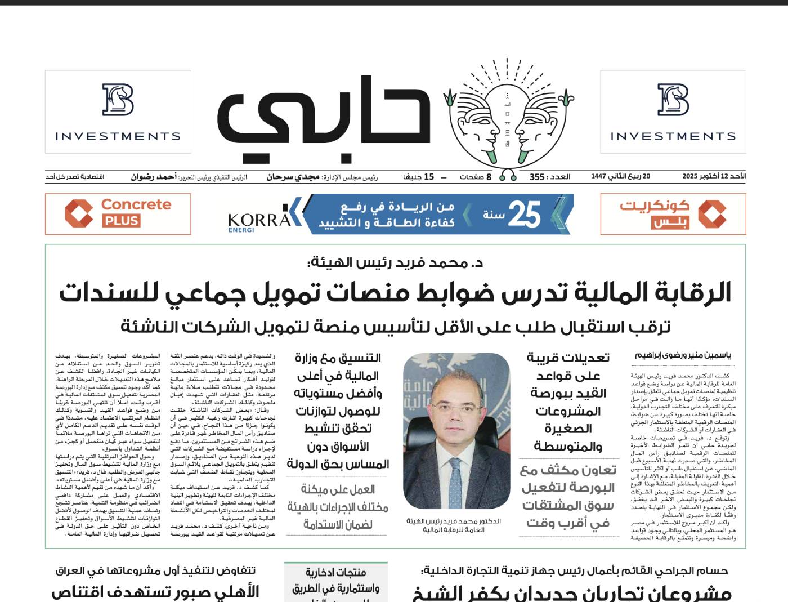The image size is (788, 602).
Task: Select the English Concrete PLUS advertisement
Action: (x=118, y=213)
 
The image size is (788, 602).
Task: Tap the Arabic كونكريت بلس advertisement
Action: (x=673, y=213)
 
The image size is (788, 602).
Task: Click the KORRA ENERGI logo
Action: (x=259, y=220)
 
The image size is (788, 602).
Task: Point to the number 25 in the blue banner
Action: (x=525, y=214)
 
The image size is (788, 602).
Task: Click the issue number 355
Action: (x=537, y=177)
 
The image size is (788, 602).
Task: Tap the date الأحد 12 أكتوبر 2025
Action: (x=714, y=176)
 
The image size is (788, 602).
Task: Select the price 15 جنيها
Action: (x=418, y=177)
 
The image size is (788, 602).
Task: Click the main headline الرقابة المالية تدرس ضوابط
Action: (x=395, y=293)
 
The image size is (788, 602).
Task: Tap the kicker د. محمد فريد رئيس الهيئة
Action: (x=395, y=262)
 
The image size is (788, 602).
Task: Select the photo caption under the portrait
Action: (x=454, y=525)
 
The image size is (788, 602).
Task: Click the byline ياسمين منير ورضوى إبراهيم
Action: (x=683, y=355)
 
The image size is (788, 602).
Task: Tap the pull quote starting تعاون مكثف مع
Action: (x=568, y=496)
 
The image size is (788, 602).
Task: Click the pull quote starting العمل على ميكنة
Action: (x=338, y=507)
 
